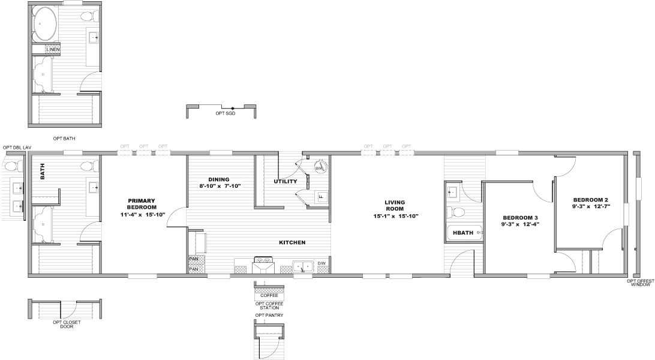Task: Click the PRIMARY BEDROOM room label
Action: pos(141,205)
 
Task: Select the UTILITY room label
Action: pos(285,181)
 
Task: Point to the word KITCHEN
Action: pos(292,242)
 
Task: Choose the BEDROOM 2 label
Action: pos(590,200)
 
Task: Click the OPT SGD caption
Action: pos(226,113)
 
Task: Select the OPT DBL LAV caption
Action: pos(16,148)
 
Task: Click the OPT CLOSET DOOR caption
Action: pos(67,324)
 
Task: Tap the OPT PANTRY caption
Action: pos(269,315)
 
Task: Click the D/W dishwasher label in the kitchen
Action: pos(322,263)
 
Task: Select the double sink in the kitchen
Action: pos(302,265)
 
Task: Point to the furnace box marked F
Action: pos(321,196)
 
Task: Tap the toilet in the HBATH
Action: pos(458,212)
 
